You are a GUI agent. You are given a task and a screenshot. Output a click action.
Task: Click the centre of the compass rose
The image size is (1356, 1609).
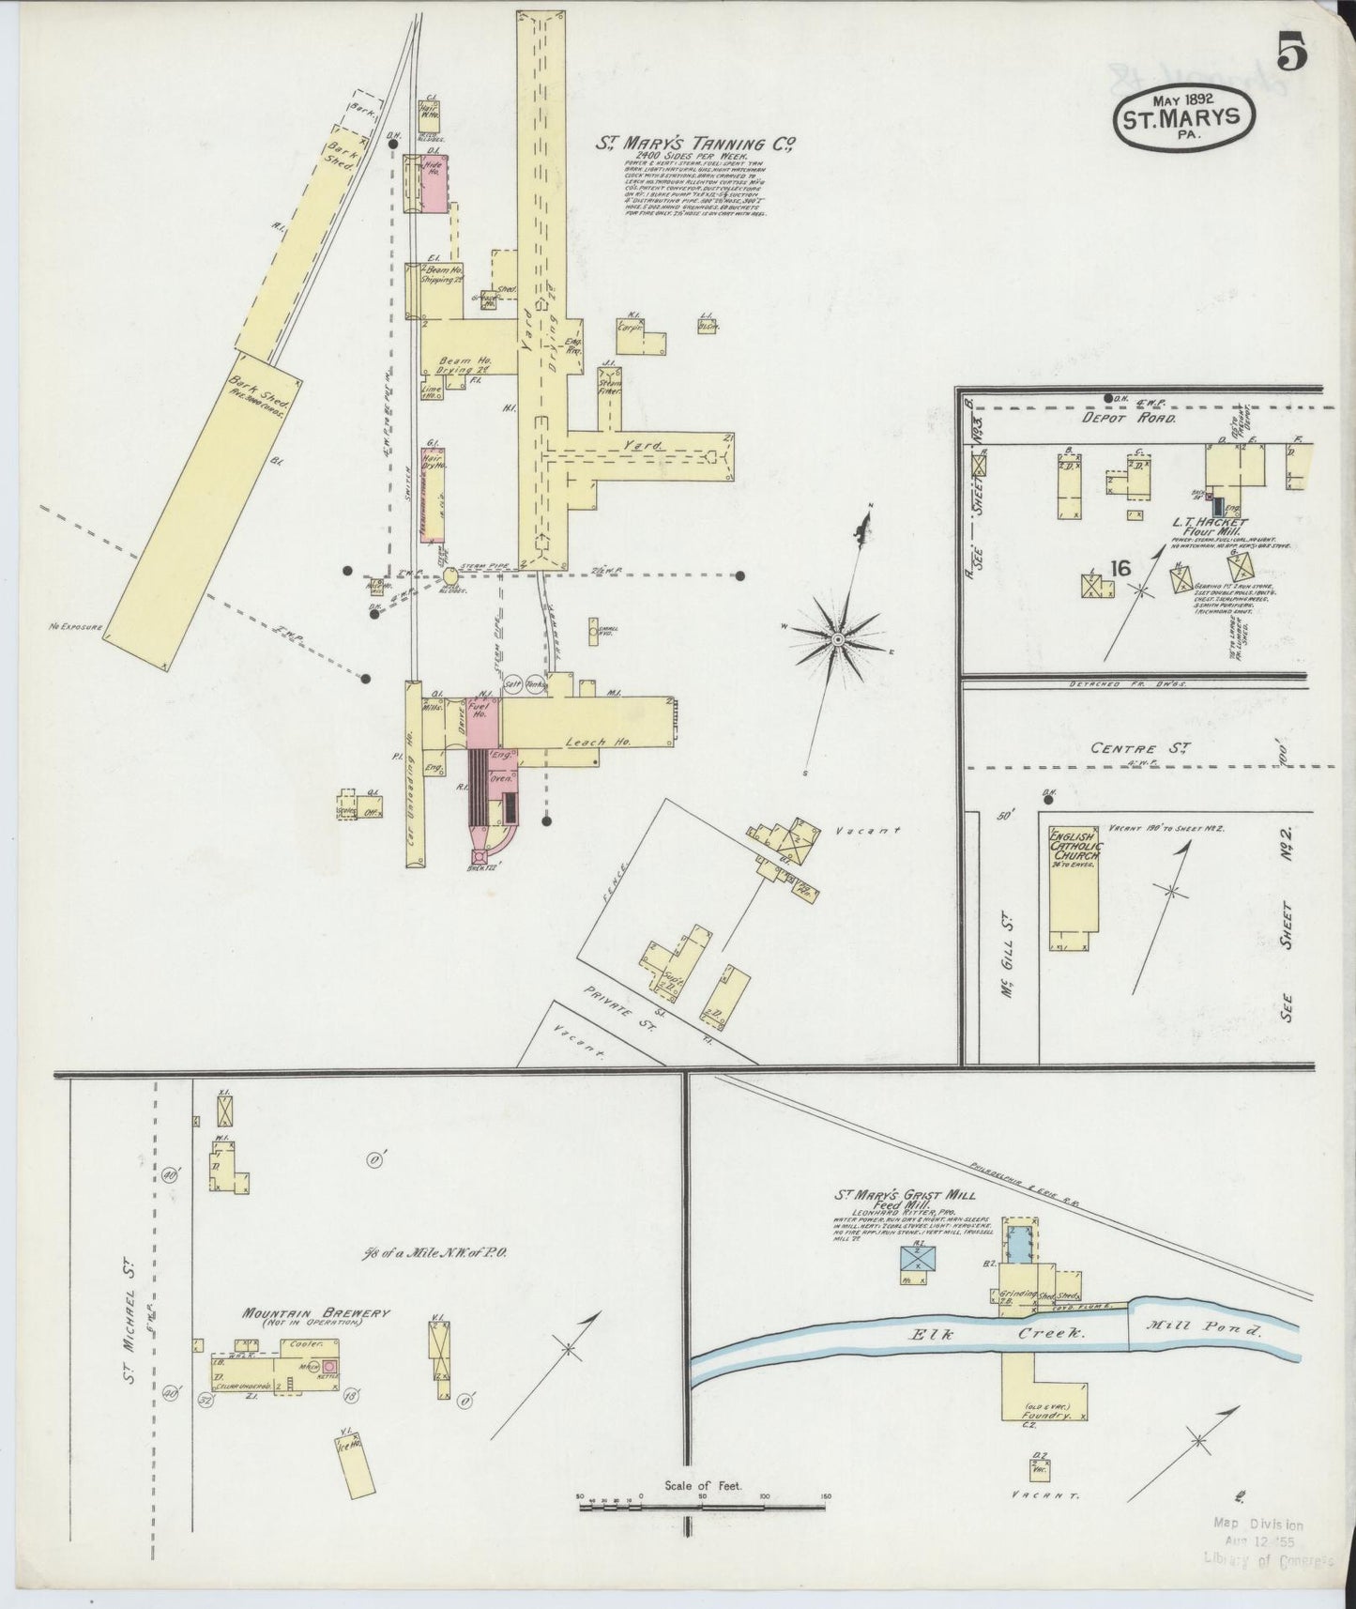pos(837,638)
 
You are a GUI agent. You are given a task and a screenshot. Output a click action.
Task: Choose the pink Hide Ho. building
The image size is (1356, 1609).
pos(434,184)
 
